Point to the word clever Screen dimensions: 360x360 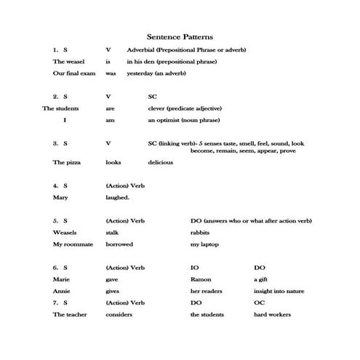(156, 108)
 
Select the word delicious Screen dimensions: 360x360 (160, 162)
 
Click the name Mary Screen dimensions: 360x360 (60, 197)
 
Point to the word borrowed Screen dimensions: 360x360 (119, 244)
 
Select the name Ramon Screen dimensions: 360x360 (200, 279)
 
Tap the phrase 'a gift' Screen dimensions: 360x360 (260, 279)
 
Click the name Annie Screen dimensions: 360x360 (61, 291)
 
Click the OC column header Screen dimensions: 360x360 (258, 302)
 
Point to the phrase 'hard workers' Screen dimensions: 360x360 (272, 314)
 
